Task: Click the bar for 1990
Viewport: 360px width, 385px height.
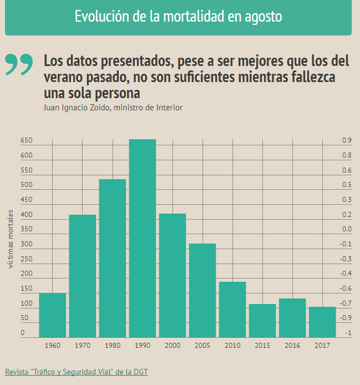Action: click(143, 238)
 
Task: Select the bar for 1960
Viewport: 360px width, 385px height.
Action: click(53, 315)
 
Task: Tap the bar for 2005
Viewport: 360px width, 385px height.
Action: click(202, 290)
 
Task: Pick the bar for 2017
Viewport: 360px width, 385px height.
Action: click(322, 322)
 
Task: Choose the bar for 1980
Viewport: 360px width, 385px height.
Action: click(113, 258)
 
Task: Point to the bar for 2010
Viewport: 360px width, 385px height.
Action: click(232, 309)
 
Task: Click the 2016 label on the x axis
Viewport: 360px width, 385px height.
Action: click(292, 346)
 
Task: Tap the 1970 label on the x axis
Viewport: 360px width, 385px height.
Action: click(83, 346)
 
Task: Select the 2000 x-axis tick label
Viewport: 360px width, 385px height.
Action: click(173, 346)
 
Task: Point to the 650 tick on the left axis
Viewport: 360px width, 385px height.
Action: click(27, 141)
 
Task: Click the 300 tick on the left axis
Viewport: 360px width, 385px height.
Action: click(27, 244)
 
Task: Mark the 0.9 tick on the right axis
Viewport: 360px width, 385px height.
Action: click(347, 141)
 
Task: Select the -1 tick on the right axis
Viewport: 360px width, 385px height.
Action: click(348, 333)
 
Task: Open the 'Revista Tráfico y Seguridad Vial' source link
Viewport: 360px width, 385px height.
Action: click(77, 372)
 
